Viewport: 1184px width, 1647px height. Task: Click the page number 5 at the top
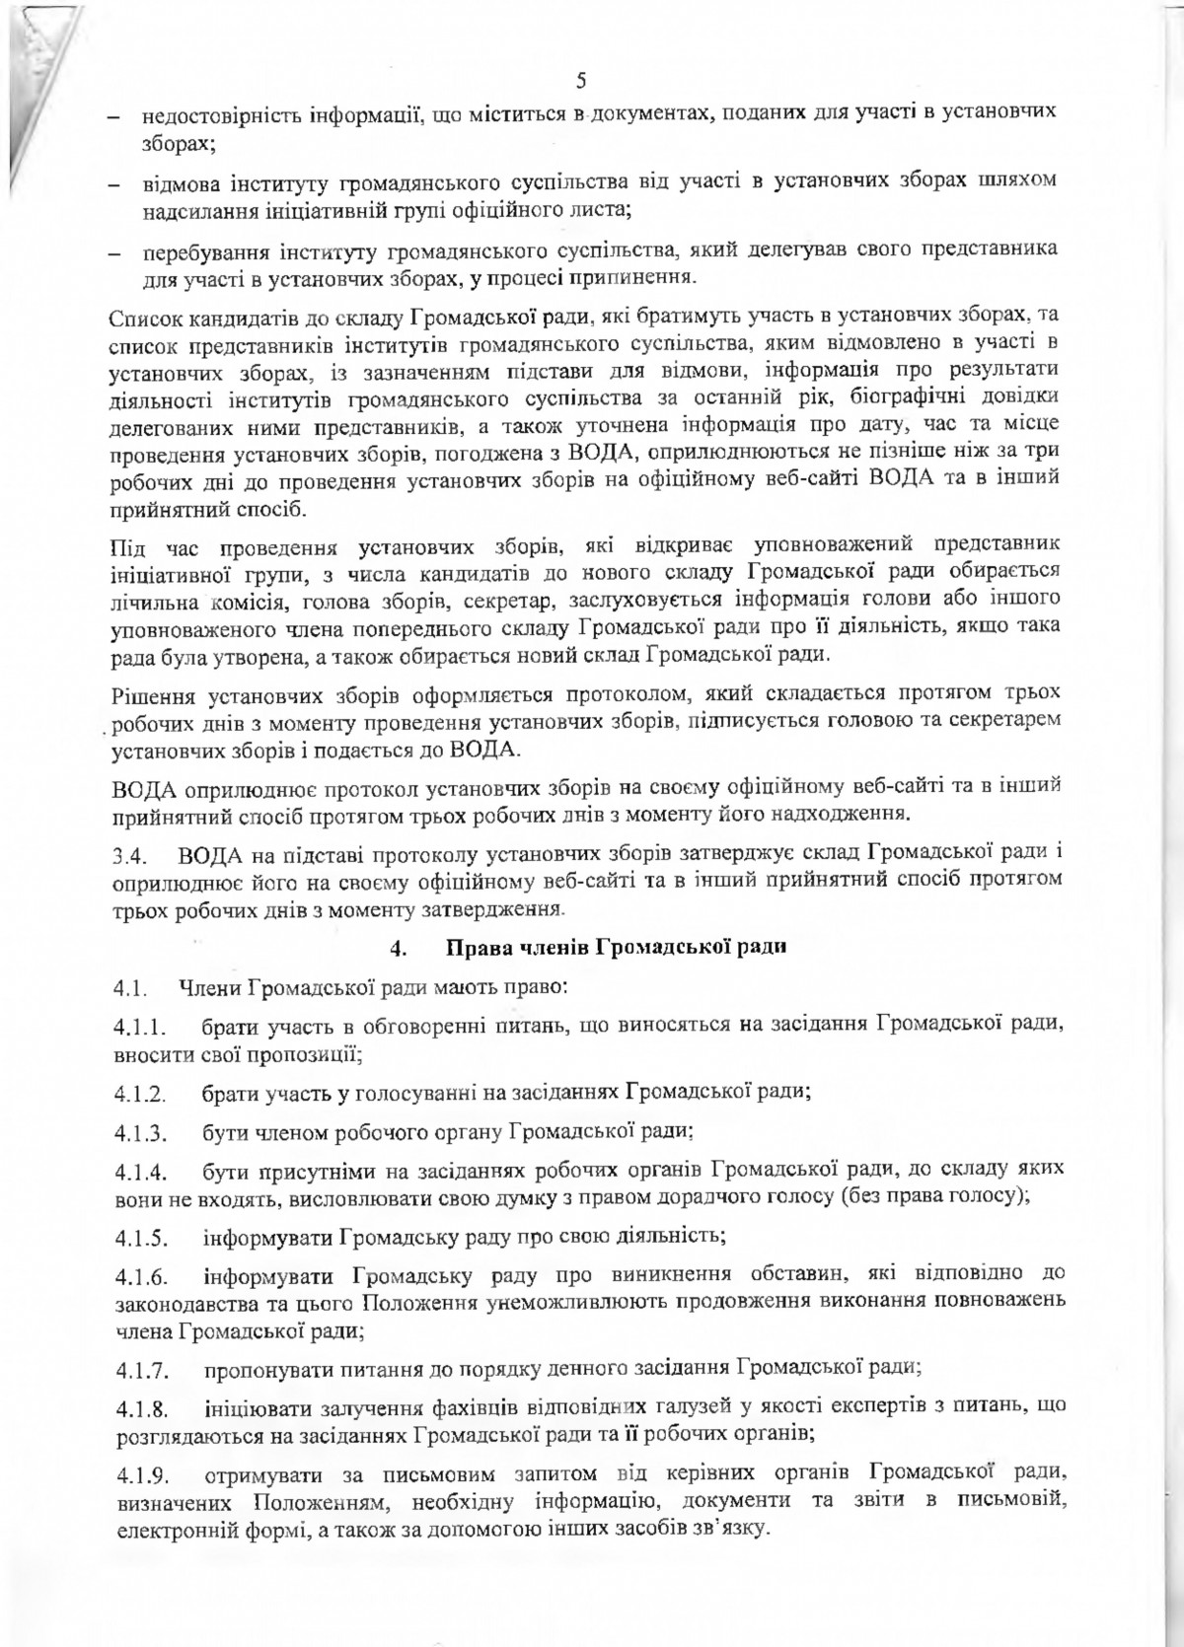pyautogui.click(x=580, y=80)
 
